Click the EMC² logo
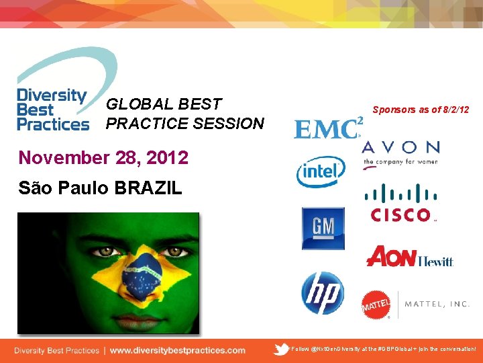[328, 127]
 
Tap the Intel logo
[321, 171]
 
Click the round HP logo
[322, 293]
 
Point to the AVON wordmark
[400, 147]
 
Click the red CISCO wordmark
[400, 215]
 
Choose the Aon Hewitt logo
[410, 257]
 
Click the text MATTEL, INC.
[437, 304]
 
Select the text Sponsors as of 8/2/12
[421, 110]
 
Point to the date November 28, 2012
[103, 158]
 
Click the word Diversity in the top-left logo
[51, 95]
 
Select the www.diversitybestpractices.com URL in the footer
[177, 350]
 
